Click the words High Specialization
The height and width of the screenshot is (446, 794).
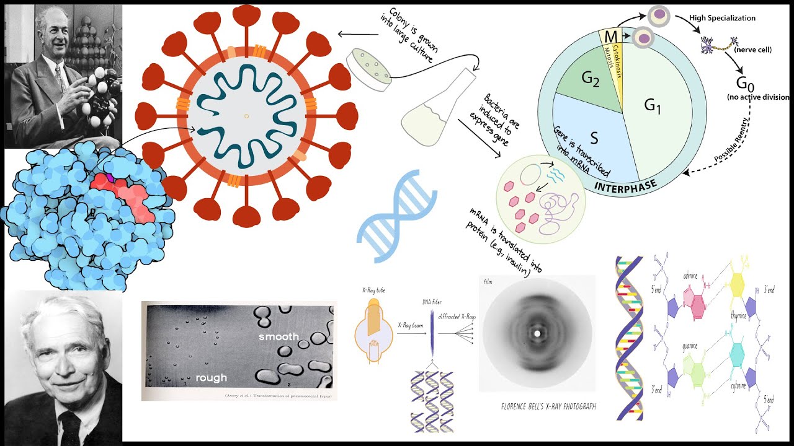pyautogui.click(x=723, y=18)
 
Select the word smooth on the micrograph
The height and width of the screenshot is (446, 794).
pyautogui.click(x=279, y=336)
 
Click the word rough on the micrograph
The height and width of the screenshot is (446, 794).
pyautogui.click(x=211, y=377)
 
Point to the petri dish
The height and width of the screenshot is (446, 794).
pyautogui.click(x=369, y=66)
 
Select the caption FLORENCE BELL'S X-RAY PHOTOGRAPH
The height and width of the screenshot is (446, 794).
pyautogui.click(x=548, y=406)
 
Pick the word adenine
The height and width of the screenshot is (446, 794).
pyautogui.click(x=692, y=275)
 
